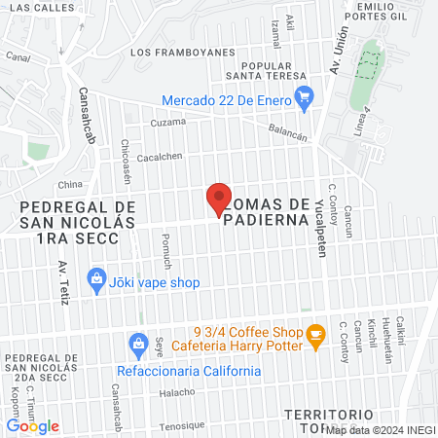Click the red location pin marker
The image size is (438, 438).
[219, 200]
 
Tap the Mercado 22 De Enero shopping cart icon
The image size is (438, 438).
[305, 95]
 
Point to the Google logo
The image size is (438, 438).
[33, 425]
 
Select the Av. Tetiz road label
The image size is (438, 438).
[63, 281]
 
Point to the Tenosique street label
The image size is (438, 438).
[182, 425]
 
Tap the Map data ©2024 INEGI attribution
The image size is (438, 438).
[381, 429]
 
